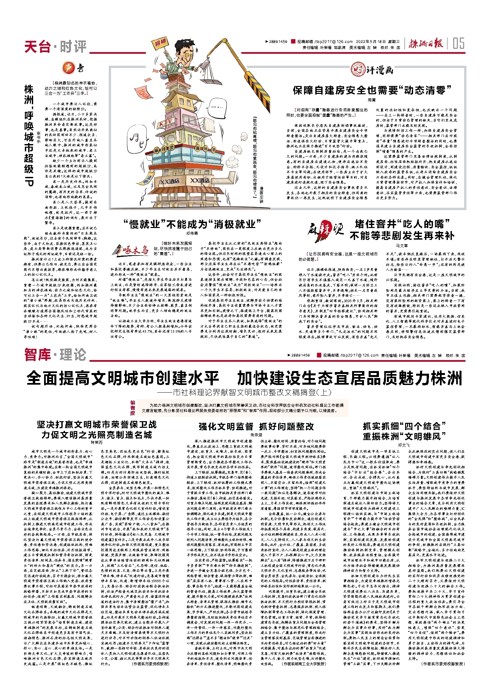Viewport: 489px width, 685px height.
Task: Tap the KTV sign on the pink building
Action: (166, 123)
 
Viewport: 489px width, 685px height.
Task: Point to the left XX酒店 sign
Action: (169, 181)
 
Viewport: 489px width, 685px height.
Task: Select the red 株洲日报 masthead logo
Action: (426, 43)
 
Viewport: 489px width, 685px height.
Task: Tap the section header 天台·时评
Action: (55, 46)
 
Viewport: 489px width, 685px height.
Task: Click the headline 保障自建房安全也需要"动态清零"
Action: (372, 90)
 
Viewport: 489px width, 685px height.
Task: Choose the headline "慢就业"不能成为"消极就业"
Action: (192, 224)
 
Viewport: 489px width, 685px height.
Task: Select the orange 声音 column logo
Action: (73, 68)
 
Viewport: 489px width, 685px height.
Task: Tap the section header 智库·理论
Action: (55, 355)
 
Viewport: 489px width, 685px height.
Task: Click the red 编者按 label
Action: (133, 408)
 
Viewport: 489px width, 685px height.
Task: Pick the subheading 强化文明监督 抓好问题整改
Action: (256, 426)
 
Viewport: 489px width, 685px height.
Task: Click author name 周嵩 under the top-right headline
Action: (372, 100)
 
